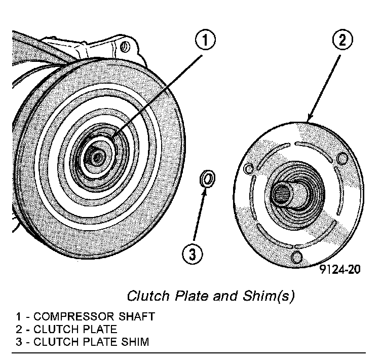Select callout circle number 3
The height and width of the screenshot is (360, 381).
click(x=192, y=254)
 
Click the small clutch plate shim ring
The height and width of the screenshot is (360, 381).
click(x=207, y=178)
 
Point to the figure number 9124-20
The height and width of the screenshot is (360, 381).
click(x=340, y=269)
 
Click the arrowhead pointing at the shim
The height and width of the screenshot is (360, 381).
click(x=204, y=190)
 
